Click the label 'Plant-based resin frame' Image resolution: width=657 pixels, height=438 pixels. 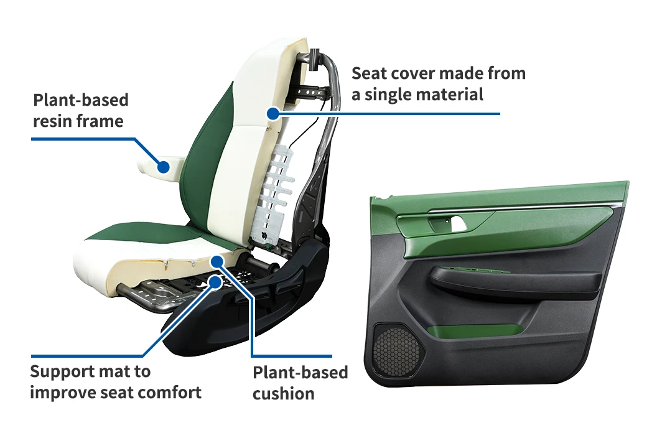pyautogui.click(x=80, y=109)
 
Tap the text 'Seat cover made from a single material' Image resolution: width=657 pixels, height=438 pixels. pyautogui.click(x=438, y=84)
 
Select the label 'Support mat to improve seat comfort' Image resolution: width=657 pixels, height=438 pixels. pyautogui.click(x=115, y=382)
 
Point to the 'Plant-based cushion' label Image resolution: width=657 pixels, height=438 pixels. pyautogui.click(x=300, y=383)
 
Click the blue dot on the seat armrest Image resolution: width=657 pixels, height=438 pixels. pyautogui.click(x=163, y=167)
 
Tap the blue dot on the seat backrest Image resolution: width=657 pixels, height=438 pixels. pyautogui.click(x=272, y=113)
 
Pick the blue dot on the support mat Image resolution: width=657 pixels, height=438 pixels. pyautogui.click(x=215, y=282)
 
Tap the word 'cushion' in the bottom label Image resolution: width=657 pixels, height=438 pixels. pyautogui.click(x=283, y=393)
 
